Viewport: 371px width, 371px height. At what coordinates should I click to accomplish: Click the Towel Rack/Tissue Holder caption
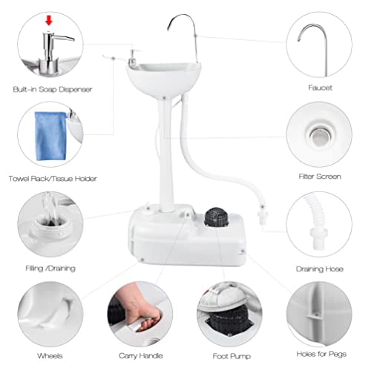(x=53, y=179)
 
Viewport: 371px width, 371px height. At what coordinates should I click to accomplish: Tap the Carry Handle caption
(x=140, y=355)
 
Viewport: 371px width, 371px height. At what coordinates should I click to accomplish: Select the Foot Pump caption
(x=230, y=355)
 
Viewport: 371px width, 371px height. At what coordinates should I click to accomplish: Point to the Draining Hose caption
(x=320, y=268)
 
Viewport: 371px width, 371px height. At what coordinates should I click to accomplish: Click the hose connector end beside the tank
(x=262, y=217)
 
